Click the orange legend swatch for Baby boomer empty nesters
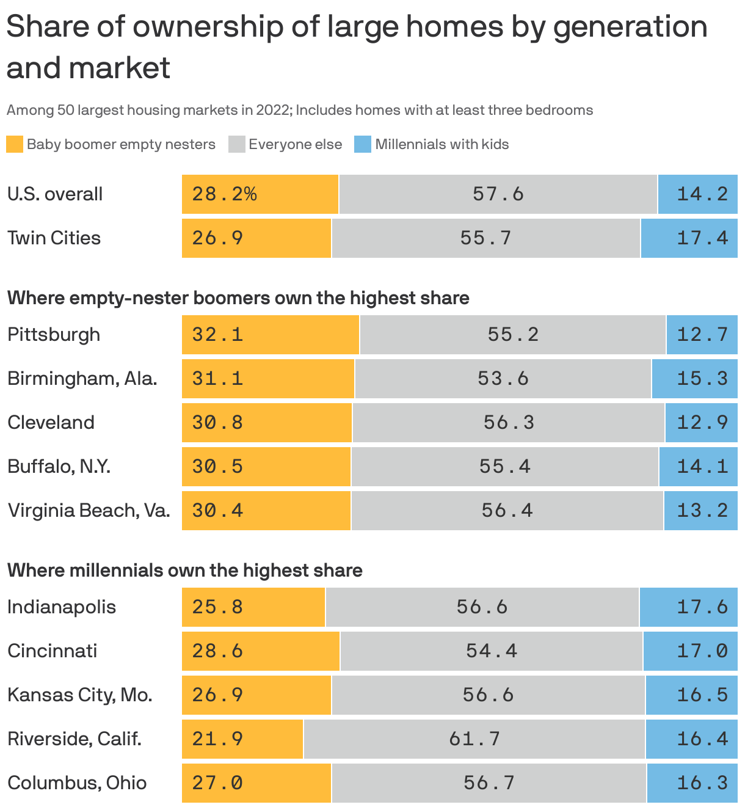(x=15, y=145)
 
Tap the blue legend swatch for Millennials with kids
(x=363, y=145)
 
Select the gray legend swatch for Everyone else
(x=236, y=145)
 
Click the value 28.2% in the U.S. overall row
(x=224, y=194)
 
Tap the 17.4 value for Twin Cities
(x=702, y=238)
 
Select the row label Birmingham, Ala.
(x=82, y=379)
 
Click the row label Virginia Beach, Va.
(x=89, y=511)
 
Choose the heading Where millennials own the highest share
(x=184, y=571)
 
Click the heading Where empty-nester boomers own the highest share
(x=238, y=298)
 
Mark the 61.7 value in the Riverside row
(x=474, y=739)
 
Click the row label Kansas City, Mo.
(x=79, y=695)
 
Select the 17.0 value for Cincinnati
(x=702, y=651)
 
